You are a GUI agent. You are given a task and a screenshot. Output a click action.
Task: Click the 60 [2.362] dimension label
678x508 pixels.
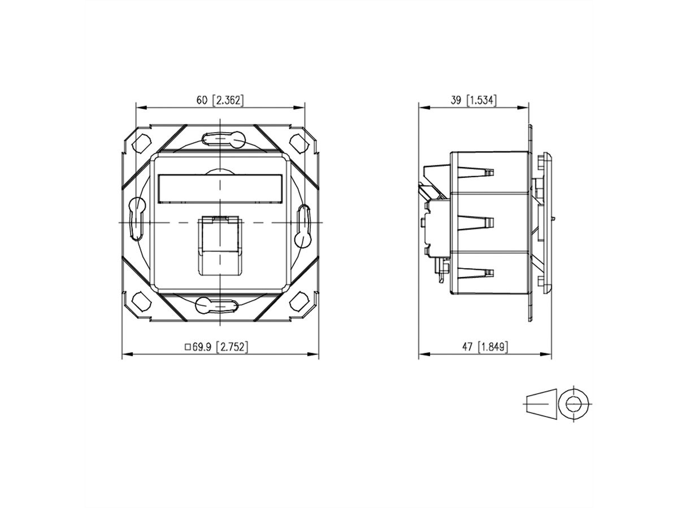coord(220,100)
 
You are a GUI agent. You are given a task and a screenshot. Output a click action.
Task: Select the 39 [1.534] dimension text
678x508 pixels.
coord(473,100)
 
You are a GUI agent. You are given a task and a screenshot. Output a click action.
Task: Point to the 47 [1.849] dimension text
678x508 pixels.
coord(484,347)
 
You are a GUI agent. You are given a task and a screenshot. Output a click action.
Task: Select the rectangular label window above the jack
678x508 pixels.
coord(220,189)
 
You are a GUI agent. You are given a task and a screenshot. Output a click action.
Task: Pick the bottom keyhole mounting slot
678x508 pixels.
coord(218,305)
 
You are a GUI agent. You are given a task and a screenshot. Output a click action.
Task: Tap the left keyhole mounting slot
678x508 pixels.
coord(137,217)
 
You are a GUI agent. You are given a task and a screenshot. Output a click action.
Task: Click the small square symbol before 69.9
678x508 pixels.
coord(188,347)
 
